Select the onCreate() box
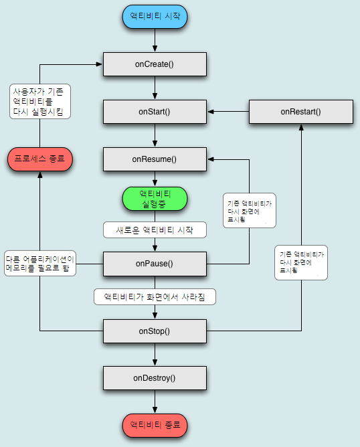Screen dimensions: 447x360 [x=155, y=64]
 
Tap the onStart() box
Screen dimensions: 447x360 [x=155, y=111]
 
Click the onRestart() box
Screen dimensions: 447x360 [x=300, y=111]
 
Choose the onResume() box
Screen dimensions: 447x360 [x=155, y=159]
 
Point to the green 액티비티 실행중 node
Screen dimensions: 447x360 [x=155, y=198]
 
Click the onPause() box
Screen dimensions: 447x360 [x=155, y=263]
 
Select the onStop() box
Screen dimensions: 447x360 [x=155, y=331]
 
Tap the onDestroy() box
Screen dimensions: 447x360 [x=155, y=378]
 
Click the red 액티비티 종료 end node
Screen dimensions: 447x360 [x=155, y=425]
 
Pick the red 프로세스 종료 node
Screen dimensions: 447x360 [x=39, y=159]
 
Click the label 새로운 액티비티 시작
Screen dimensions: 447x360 [x=155, y=230]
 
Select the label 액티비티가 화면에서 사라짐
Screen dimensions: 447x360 [x=155, y=295]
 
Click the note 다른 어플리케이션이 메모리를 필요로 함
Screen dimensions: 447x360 [x=39, y=263]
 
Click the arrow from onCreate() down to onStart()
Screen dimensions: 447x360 [x=155, y=88]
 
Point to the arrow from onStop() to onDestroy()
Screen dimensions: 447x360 [x=155, y=354]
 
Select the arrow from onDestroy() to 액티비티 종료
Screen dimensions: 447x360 [x=155, y=401]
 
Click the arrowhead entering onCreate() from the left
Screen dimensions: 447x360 [x=99, y=64]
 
